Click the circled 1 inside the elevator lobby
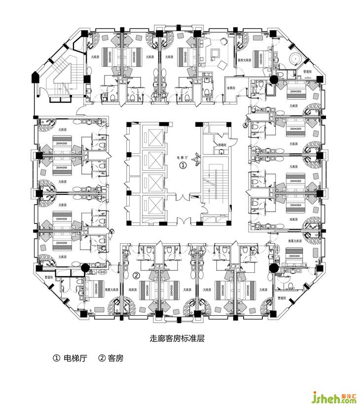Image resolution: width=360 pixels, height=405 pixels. [x=182, y=166]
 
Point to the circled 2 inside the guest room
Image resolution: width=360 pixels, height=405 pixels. [x=137, y=275]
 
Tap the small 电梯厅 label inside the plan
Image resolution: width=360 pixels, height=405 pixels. [x=182, y=158]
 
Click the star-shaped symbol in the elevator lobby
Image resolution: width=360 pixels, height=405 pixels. [x=197, y=159]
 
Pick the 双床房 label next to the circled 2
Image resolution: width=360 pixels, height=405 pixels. [x=132, y=290]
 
